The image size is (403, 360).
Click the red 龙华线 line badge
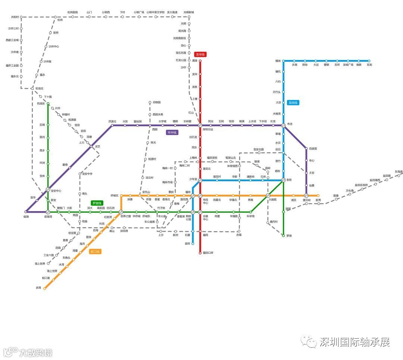[x=200, y=54]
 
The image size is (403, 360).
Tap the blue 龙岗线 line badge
[x=293, y=103]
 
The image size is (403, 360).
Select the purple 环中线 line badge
[x=172, y=132]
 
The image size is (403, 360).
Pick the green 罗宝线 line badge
[x=97, y=203]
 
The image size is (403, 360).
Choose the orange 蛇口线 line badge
[x=96, y=251]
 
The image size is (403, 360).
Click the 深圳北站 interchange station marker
[x=200, y=125]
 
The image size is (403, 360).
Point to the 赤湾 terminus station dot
[x=45, y=288]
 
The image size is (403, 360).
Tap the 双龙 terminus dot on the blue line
[x=369, y=61]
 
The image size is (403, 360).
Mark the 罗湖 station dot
[x=283, y=235]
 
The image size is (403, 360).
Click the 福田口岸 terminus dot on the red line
[x=200, y=253]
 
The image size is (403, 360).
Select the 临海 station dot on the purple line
[x=26, y=212]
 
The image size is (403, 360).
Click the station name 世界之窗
[x=126, y=216]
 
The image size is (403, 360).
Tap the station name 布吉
[x=290, y=124]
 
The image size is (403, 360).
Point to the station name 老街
[x=289, y=180]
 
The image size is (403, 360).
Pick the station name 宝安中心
[x=56, y=191]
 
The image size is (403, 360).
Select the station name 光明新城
[x=189, y=12]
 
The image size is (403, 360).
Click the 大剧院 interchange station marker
[x=268, y=195]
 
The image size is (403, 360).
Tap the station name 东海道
[x=399, y=172]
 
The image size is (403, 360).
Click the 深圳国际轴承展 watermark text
[x=354, y=342]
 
